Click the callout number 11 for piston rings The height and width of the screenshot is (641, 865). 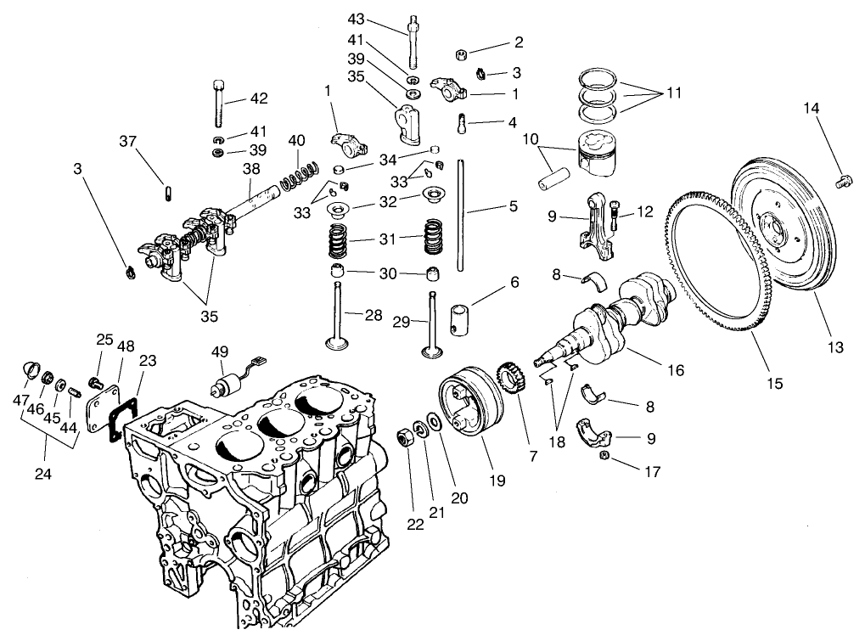(x=674, y=93)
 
